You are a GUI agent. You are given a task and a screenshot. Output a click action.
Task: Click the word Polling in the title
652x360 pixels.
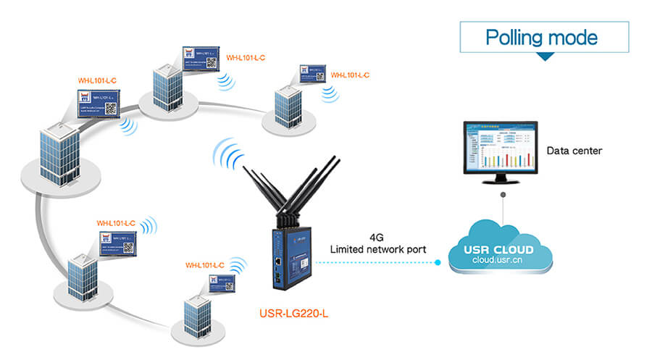click(512, 37)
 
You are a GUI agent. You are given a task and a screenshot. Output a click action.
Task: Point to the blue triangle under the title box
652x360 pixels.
click(544, 55)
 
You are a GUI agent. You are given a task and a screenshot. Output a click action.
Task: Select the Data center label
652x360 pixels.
click(574, 151)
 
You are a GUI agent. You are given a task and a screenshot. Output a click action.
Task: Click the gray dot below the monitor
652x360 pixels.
click(502, 193)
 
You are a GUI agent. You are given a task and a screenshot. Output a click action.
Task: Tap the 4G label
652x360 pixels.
click(377, 237)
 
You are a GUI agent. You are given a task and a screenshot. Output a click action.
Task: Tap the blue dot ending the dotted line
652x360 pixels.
click(438, 263)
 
